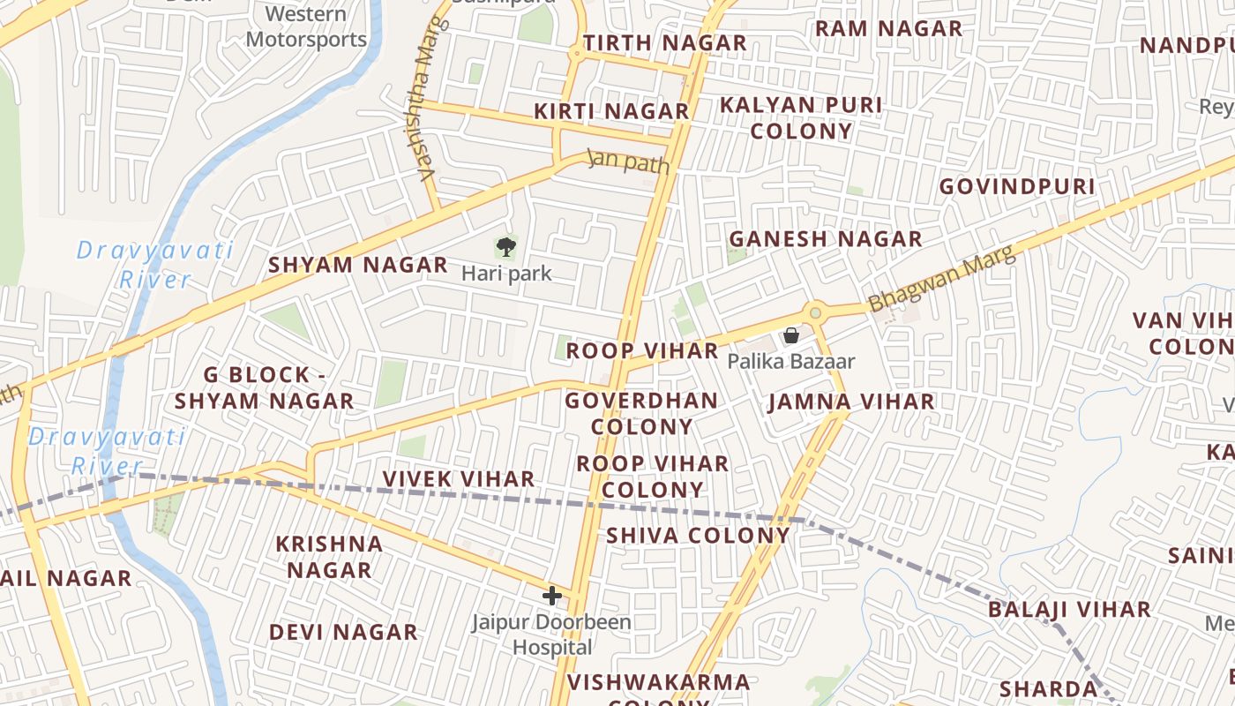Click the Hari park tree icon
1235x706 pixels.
505,247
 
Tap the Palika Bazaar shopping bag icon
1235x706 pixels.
791,335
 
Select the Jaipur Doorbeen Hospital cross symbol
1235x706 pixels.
552,596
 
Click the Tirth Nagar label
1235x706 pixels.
664,42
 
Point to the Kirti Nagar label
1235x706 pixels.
611,111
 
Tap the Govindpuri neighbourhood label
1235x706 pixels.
1016,186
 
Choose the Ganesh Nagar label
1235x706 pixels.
825,238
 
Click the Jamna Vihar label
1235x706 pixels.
850,402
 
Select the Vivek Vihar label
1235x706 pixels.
458,478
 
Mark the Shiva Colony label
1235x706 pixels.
697,535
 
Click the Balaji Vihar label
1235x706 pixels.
1068,609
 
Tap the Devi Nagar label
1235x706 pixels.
343,632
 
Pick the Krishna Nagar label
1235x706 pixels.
329,557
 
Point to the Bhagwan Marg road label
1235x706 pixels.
941,280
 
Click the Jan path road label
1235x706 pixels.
628,161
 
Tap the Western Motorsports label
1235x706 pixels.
305,26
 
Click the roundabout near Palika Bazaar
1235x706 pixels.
815,312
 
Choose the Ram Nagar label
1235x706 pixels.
887,28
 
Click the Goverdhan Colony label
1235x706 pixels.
641,413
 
